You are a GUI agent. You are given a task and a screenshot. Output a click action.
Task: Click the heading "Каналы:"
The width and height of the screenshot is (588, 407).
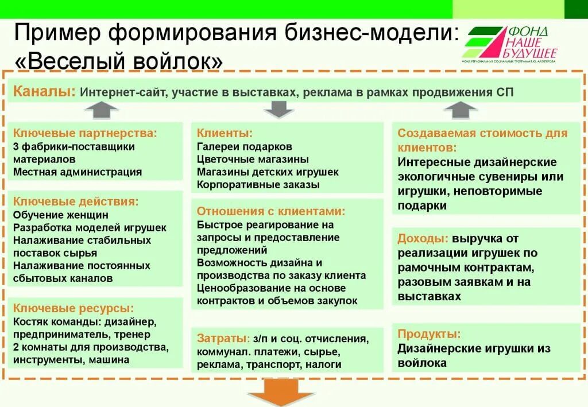tap(44, 91)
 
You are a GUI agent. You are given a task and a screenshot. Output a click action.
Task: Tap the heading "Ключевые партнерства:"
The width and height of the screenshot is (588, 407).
tap(85, 133)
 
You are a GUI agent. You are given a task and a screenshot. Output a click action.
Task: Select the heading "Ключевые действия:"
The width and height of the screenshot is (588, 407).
tap(76, 201)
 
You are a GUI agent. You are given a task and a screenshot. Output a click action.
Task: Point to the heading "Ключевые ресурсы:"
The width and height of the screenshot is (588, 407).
tap(73, 308)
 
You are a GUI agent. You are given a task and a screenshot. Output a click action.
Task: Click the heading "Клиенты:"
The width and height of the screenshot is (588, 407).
tap(225, 133)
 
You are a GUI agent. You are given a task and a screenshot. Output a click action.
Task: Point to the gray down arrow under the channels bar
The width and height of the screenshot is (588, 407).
tap(279, 108)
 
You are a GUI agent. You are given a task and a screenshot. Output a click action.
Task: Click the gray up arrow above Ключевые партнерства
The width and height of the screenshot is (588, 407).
tap(100, 109)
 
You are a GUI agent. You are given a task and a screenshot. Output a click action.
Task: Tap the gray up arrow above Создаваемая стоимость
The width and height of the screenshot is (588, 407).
tap(460, 109)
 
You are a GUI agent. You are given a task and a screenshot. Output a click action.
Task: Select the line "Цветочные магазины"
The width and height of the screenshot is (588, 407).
tap(253, 159)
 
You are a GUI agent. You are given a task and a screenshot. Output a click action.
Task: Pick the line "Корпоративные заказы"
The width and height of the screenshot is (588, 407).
tap(258, 185)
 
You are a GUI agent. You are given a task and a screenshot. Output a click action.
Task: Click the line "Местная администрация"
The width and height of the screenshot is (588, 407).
tap(78, 172)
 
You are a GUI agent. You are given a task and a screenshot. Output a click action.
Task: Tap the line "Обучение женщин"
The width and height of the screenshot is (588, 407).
tap(61, 215)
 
